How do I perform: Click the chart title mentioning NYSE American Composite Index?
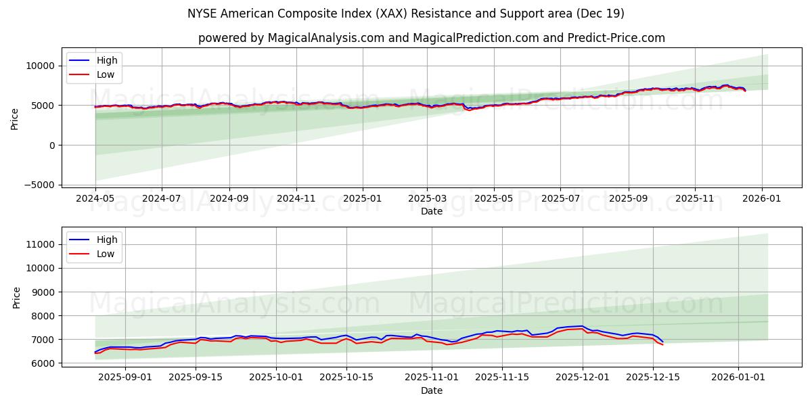coord(405,14)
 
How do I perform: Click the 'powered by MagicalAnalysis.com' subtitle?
coord(431,38)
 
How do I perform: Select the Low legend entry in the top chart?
coord(106,74)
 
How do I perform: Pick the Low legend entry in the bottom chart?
coord(106,254)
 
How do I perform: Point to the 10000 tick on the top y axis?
coord(41,66)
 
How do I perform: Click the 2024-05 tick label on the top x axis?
coord(95,199)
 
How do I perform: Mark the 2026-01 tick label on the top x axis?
coord(762,199)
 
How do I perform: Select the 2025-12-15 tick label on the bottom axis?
coord(653,378)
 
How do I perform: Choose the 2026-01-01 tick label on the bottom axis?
coord(738,378)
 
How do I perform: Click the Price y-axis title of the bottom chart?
coord(17,297)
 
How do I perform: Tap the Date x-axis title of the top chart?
coord(431,211)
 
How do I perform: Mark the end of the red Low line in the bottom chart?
coord(662,345)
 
